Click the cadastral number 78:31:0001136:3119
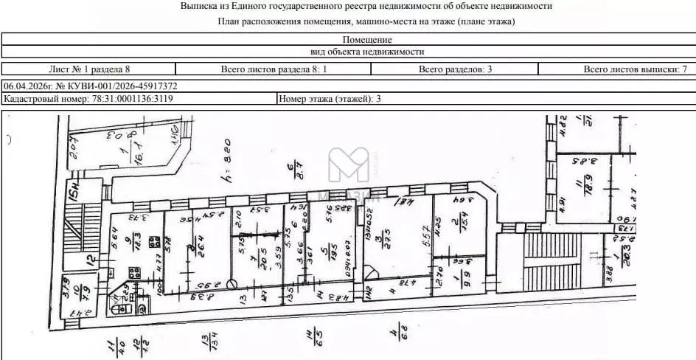[132, 98]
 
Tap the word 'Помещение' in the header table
[367, 39]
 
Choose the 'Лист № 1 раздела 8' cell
[89, 69]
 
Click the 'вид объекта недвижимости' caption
[367, 52]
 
